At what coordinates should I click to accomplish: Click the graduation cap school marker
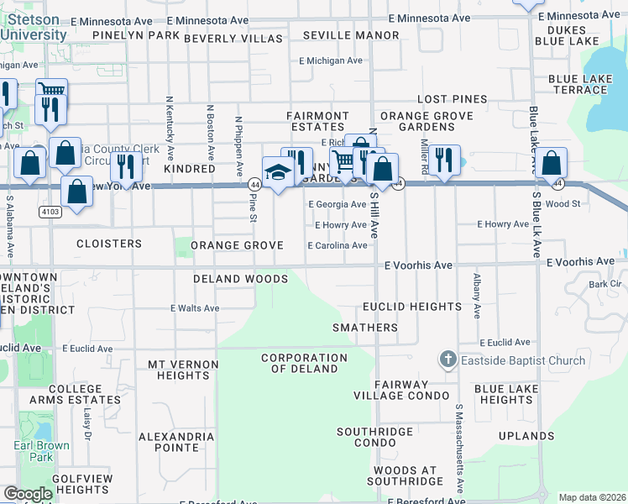click(x=276, y=172)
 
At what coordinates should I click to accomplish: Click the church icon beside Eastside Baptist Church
click(x=447, y=360)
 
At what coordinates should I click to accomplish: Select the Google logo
click(x=28, y=494)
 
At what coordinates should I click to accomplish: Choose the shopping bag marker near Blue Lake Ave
click(x=552, y=163)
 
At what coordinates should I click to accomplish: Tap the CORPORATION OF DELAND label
click(x=304, y=363)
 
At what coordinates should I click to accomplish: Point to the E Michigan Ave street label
click(x=331, y=60)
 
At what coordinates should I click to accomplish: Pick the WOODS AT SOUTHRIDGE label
click(x=406, y=475)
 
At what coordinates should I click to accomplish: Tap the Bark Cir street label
click(x=604, y=284)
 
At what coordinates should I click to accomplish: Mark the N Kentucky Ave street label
click(x=170, y=127)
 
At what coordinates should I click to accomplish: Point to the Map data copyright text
click(x=592, y=497)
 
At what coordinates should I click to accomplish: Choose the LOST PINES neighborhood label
click(x=452, y=99)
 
